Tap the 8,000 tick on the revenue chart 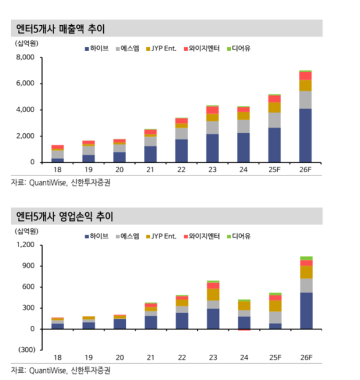click(x=25, y=58)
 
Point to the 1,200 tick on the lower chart click(x=25, y=245)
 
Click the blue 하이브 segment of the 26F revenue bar click(x=305, y=135)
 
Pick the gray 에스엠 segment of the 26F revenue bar click(x=305, y=100)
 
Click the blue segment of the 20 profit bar click(x=119, y=324)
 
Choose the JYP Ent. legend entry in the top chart click(x=161, y=47)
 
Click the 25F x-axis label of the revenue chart click(x=275, y=170)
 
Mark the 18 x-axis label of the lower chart click(x=57, y=358)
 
